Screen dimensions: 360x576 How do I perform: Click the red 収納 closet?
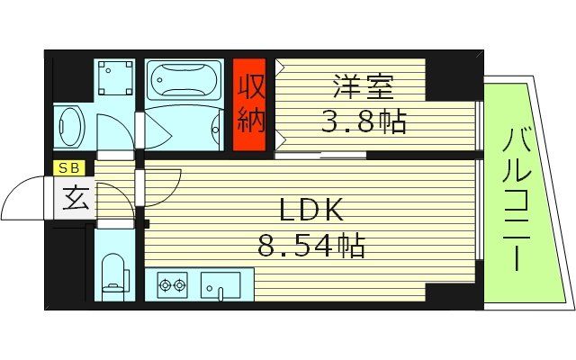249,96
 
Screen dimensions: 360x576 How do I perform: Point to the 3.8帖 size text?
364,121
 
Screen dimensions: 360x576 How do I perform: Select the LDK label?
310,211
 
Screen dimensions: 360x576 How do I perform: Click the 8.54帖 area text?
311,245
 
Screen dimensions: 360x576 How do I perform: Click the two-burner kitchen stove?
172,286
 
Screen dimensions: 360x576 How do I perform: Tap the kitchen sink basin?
220,286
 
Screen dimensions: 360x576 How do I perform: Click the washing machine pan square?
114,78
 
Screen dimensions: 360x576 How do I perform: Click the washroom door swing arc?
114,135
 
